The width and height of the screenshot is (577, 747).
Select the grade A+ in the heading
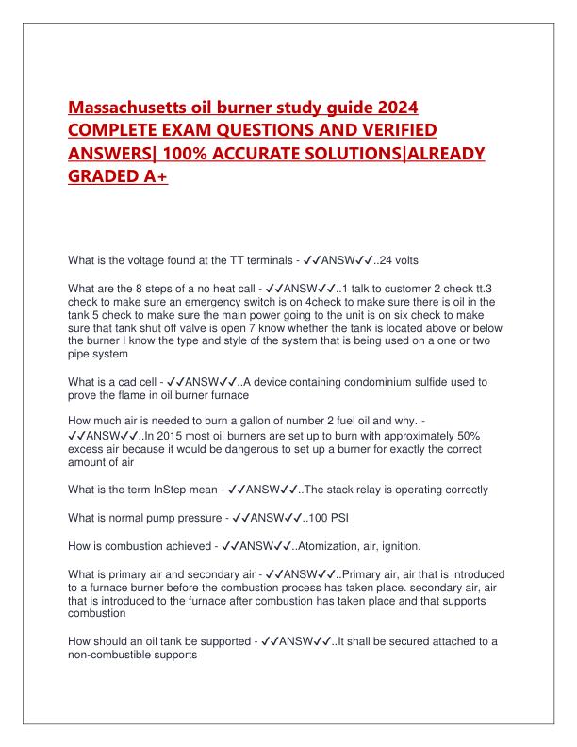point(147,178)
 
